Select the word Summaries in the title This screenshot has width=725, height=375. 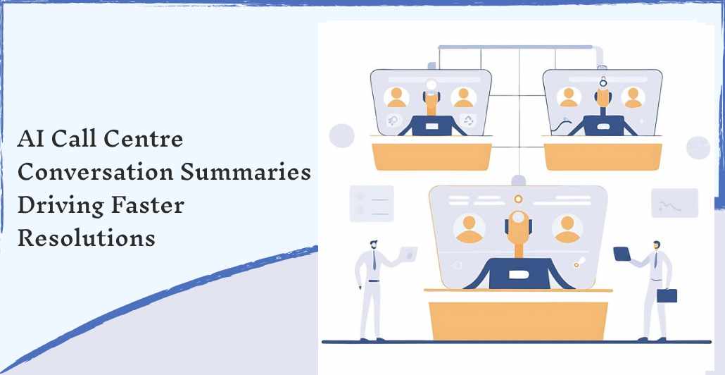click(x=246, y=172)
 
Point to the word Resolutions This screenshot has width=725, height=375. click(x=87, y=238)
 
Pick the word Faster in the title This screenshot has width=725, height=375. click(x=148, y=206)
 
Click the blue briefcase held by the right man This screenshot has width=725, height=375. click(x=667, y=295)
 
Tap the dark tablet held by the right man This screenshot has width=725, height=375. click(x=622, y=254)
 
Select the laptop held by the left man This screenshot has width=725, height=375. click(x=408, y=253)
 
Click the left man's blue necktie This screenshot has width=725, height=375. click(x=374, y=261)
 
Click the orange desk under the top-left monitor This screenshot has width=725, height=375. click(x=432, y=156)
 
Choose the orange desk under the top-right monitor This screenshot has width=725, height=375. click(x=603, y=156)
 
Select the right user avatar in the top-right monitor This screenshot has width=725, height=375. click(x=633, y=98)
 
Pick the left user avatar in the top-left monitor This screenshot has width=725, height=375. click(x=396, y=97)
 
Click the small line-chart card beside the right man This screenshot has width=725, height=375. click(x=674, y=203)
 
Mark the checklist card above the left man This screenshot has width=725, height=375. click(x=372, y=203)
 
